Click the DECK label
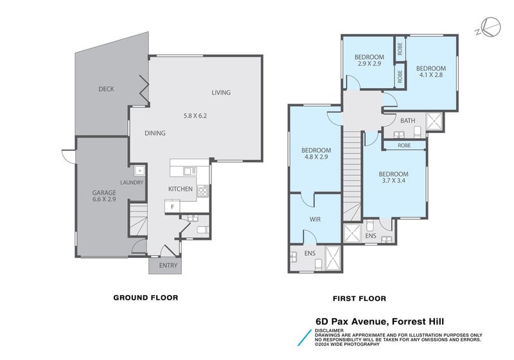(106, 89)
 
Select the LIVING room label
(221, 93)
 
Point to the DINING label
(155, 134)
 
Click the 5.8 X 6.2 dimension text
(195, 116)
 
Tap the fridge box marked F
(172, 206)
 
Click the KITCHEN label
(181, 189)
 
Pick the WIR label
(315, 219)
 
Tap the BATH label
(407, 121)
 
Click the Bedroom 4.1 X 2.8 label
(430, 72)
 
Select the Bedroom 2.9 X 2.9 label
(369, 61)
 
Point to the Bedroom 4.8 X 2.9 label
(316, 154)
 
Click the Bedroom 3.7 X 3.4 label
(393, 177)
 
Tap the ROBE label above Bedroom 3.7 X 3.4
(404, 146)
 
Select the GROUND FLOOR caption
(145, 298)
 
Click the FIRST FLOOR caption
(359, 298)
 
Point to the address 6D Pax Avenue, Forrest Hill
(380, 321)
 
